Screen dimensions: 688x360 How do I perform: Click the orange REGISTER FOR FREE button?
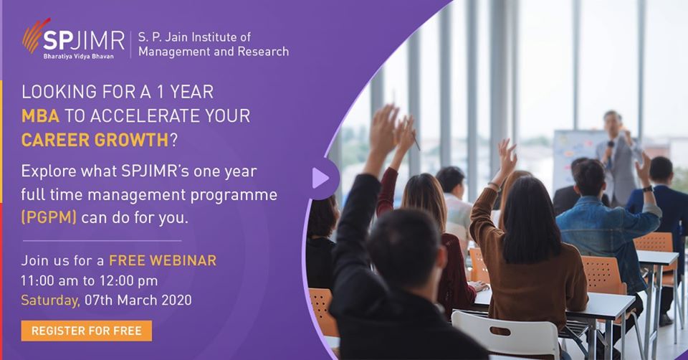click(x=87, y=331)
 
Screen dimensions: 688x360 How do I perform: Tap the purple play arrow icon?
click(x=320, y=179)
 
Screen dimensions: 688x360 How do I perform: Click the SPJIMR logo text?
click(x=84, y=42)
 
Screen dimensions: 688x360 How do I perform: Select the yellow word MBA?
click(x=40, y=116)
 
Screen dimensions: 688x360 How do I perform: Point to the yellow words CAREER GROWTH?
click(x=95, y=140)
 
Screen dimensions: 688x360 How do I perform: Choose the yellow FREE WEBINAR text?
click(x=163, y=260)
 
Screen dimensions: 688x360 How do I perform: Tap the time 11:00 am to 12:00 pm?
click(x=89, y=280)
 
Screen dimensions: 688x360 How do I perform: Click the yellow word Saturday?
click(x=50, y=300)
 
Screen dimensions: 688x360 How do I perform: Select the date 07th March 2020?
click(x=138, y=300)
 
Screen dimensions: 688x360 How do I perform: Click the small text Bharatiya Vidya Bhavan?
click(x=78, y=57)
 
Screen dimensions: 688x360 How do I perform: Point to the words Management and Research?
click(x=214, y=52)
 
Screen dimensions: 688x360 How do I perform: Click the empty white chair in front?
click(x=505, y=334)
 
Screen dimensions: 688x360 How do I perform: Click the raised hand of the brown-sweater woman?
click(x=507, y=156)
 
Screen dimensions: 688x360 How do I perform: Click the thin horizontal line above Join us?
click(x=102, y=240)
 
